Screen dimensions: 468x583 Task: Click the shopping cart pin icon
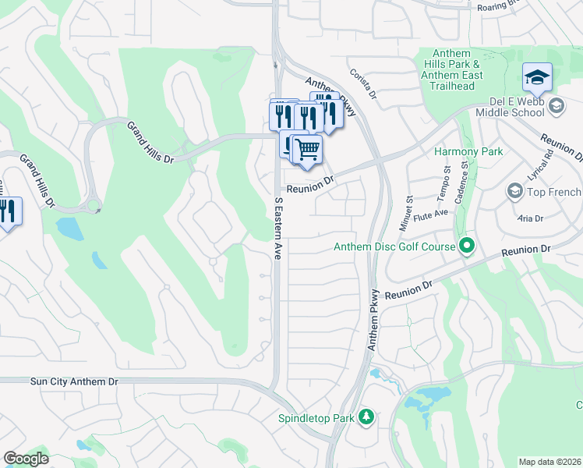tap(308, 148)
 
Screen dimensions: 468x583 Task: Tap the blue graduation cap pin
tap(537, 77)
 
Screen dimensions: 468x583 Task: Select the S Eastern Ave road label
tap(277, 227)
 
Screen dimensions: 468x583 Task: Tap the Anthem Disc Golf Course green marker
tap(467, 247)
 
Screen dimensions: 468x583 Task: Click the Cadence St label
tap(465, 177)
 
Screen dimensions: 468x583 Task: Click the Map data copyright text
tap(549, 462)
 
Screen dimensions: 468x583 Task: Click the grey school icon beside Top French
tap(514, 191)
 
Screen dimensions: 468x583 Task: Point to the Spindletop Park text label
tap(316, 418)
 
